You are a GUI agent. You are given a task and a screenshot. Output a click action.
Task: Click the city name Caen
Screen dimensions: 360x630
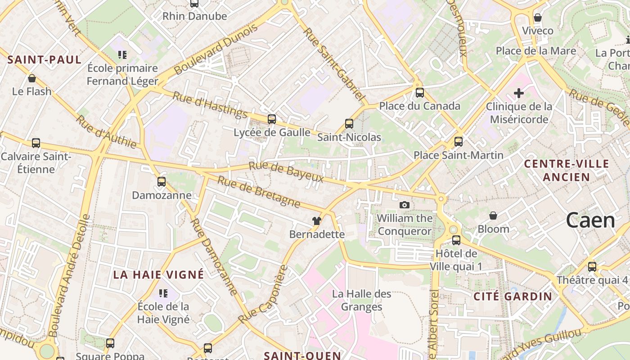pyautogui.click(x=590, y=220)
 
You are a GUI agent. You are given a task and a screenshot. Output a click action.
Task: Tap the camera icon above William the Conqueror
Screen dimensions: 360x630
pyautogui.click(x=405, y=205)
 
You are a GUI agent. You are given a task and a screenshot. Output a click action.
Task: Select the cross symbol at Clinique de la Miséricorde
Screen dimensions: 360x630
pyautogui.click(x=519, y=93)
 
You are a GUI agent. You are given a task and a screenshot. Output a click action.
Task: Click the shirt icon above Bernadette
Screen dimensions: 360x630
pyautogui.click(x=317, y=221)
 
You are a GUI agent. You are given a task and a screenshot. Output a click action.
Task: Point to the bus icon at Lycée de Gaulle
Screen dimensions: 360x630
pyautogui.click(x=272, y=119)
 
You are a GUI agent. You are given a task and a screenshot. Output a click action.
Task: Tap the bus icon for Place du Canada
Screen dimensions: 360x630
pyautogui.click(x=420, y=93)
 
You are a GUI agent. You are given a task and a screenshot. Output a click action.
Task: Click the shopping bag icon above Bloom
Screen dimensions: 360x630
pyautogui.click(x=493, y=216)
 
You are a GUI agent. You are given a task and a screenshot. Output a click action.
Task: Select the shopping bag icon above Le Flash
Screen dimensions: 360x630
pyautogui.click(x=32, y=78)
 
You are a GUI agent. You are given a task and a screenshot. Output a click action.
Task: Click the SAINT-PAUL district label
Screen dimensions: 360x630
pyautogui.click(x=45, y=59)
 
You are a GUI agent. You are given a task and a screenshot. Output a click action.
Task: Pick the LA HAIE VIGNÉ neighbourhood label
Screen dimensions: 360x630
pyautogui.click(x=158, y=274)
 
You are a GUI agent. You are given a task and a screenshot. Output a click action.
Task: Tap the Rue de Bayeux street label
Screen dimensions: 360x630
pyautogui.click(x=286, y=172)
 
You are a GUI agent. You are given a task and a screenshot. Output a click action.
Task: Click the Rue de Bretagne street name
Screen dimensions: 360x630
pyautogui.click(x=259, y=192)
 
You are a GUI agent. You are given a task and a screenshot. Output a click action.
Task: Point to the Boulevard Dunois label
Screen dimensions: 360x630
pyautogui.click(x=216, y=49)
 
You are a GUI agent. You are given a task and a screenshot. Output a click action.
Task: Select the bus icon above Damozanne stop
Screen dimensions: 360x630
pyautogui.click(x=162, y=182)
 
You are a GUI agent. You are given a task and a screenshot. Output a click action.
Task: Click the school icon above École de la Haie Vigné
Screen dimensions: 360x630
pyautogui.click(x=163, y=293)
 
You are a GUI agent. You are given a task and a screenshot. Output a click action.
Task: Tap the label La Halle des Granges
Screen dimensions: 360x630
pyautogui.click(x=362, y=300)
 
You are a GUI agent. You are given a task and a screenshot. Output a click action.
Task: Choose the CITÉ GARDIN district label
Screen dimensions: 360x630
pyautogui.click(x=513, y=296)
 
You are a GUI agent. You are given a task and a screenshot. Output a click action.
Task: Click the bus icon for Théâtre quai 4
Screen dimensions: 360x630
pyautogui.click(x=592, y=266)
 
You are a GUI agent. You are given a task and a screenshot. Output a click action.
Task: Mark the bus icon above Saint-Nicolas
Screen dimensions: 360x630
pyautogui.click(x=349, y=124)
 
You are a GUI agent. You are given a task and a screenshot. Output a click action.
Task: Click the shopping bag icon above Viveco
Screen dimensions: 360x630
pyautogui.click(x=537, y=18)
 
